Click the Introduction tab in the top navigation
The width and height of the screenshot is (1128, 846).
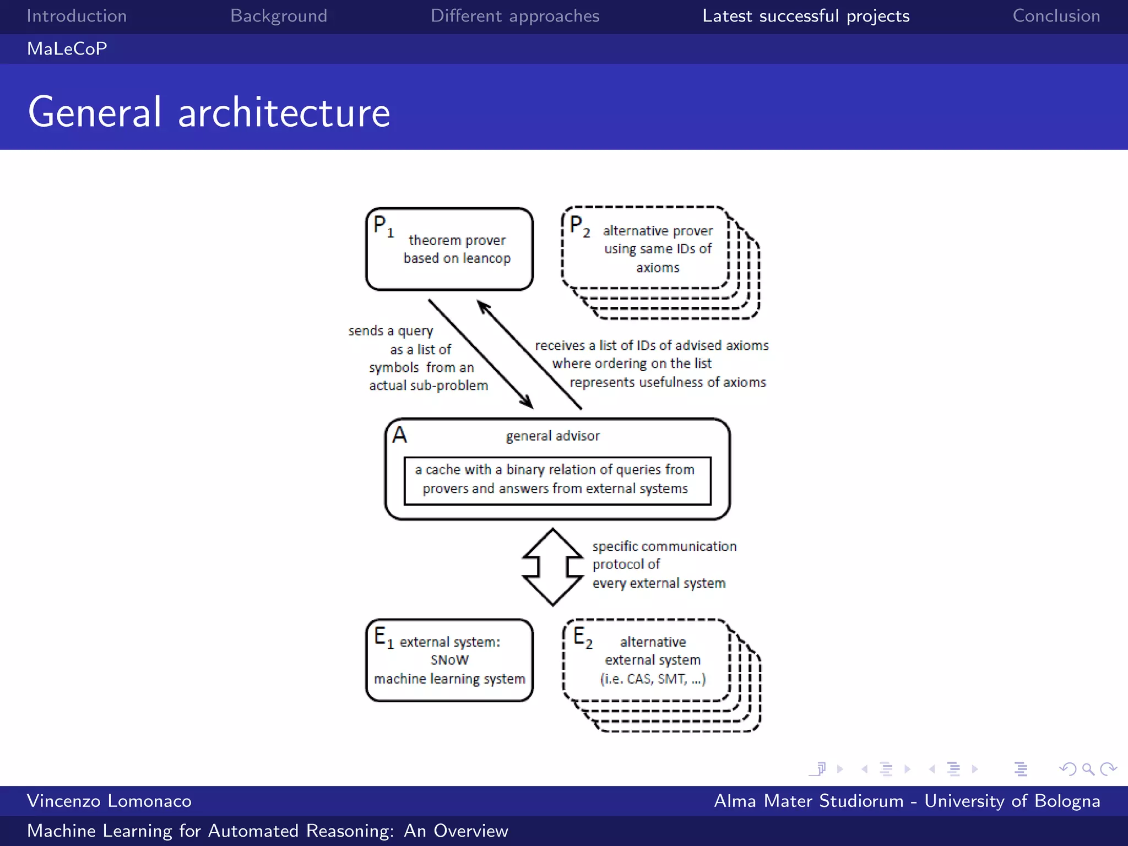point(77,16)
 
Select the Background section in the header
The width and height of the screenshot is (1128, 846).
point(279,16)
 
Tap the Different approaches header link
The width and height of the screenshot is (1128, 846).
point(514,16)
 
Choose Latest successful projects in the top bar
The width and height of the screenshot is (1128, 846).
point(805,16)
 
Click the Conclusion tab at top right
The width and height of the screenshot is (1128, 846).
point(1056,16)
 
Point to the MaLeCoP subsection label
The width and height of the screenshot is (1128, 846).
point(67,48)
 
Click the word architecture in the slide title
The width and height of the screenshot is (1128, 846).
point(284,112)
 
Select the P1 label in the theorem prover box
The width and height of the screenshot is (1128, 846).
point(383,226)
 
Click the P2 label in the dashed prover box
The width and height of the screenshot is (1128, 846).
point(579,226)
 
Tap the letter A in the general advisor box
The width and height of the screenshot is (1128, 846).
point(399,435)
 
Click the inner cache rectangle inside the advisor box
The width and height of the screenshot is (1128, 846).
point(557,480)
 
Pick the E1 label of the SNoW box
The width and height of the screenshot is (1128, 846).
point(383,637)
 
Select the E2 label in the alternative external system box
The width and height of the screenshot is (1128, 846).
point(582,637)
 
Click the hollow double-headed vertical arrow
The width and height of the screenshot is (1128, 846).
point(552,567)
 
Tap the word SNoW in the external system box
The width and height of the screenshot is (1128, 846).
point(449,660)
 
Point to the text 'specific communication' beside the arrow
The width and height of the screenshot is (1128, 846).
point(664,546)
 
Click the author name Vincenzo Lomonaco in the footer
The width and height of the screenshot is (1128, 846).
point(109,801)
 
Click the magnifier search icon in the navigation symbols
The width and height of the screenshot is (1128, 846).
point(1088,769)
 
